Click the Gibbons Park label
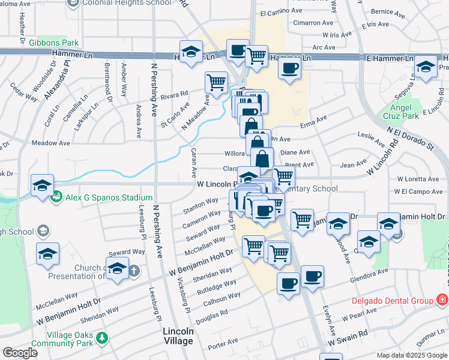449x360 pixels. (x=53, y=43)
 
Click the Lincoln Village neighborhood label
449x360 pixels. (x=178, y=336)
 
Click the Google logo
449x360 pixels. (x=20, y=353)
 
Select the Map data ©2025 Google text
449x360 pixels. (x=412, y=355)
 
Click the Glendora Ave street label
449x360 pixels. (x=370, y=273)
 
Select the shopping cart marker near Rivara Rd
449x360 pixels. (x=216, y=82)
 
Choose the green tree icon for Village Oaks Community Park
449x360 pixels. (x=103, y=338)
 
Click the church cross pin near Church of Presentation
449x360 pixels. (x=134, y=271)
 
